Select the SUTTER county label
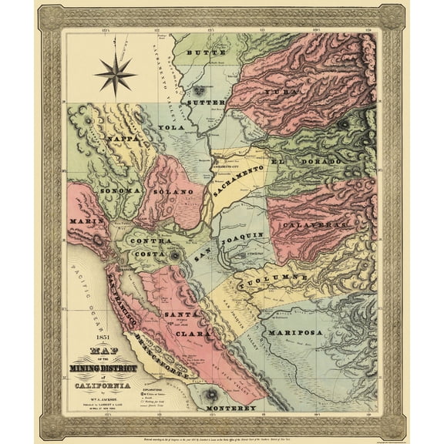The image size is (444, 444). [x=207, y=101]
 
